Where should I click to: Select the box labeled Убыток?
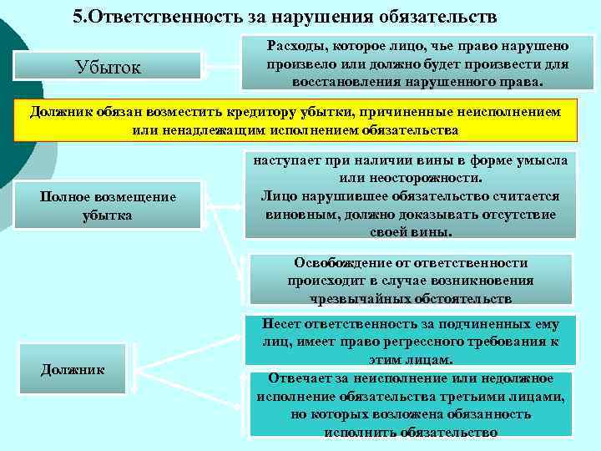108,67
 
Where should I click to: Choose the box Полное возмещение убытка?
109,205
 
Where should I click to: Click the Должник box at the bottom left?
73,369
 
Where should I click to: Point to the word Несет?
282,324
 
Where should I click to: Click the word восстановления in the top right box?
343,84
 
